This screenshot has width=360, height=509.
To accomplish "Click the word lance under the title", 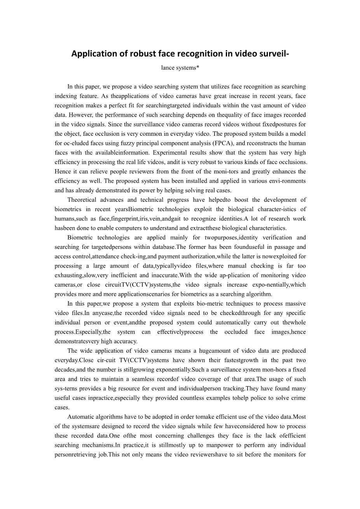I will click(x=168, y=68).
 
